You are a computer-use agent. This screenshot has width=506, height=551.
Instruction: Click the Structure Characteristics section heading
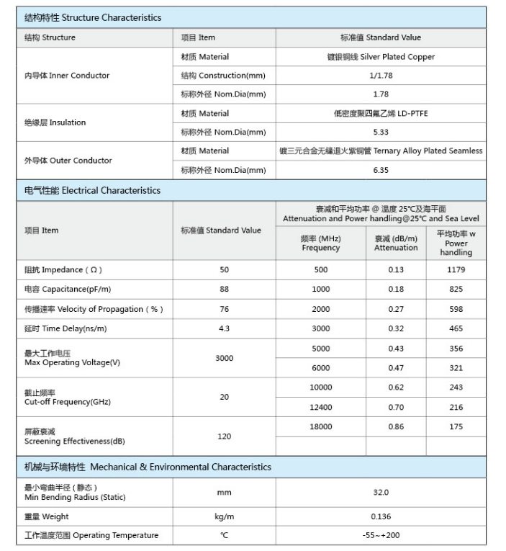click(x=93, y=17)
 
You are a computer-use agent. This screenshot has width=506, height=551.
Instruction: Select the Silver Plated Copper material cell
click(x=380, y=57)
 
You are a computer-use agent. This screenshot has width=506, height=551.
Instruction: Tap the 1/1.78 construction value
click(x=380, y=76)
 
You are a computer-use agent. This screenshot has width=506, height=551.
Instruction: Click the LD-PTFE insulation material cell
click(x=380, y=113)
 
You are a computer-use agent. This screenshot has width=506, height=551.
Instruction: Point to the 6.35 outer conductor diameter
click(x=380, y=170)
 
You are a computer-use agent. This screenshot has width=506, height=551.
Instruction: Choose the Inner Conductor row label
click(x=67, y=76)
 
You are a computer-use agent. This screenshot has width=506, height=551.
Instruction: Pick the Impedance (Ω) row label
click(x=63, y=270)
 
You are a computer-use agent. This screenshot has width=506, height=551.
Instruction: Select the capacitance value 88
click(x=224, y=289)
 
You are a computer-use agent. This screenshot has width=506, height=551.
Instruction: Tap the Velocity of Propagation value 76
click(x=224, y=309)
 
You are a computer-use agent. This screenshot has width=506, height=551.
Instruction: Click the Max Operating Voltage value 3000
click(x=224, y=358)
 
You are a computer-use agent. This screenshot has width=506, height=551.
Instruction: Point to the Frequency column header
click(x=320, y=243)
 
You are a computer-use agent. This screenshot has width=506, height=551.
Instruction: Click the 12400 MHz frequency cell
click(x=320, y=407)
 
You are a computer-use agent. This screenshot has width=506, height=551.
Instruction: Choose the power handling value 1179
click(x=456, y=270)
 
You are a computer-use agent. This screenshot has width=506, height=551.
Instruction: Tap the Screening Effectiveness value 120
click(x=224, y=436)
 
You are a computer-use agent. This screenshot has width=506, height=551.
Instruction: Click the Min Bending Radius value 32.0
click(x=380, y=493)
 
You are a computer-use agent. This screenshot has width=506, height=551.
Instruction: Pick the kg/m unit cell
click(x=224, y=516)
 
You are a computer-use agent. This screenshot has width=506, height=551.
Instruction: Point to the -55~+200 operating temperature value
click(x=380, y=535)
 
